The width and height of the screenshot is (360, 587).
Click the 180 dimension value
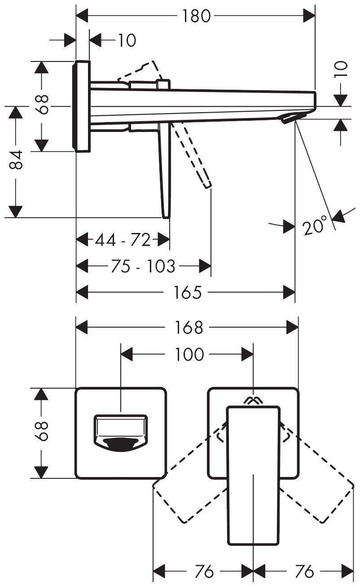[x=196, y=16]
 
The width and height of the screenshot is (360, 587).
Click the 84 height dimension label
[x=16, y=161]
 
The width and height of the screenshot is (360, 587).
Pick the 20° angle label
[x=314, y=226]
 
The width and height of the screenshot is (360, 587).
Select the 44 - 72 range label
[x=122, y=241]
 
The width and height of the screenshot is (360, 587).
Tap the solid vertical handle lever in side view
[x=165, y=171]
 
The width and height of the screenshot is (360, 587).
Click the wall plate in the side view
[x=82, y=106]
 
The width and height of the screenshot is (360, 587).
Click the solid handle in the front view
[x=253, y=476]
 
